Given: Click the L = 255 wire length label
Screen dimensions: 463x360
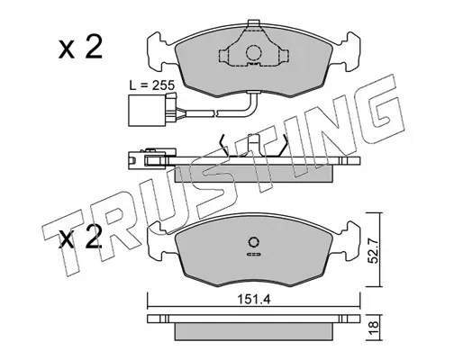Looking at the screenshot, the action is pos(151,85).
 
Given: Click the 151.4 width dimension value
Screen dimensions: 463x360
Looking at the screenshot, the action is pos(254,299).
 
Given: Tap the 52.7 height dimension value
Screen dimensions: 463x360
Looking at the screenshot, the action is pos(373,251).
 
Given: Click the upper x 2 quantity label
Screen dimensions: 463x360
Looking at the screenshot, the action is pos(80,47).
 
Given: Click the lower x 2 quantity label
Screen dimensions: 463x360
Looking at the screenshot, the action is pos(80,238).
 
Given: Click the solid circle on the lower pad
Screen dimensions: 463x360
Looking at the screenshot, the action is pos(254,242).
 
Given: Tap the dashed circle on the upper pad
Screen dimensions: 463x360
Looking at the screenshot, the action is pos(254,53).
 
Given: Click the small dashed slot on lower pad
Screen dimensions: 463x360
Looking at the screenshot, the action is pos(254,255).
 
